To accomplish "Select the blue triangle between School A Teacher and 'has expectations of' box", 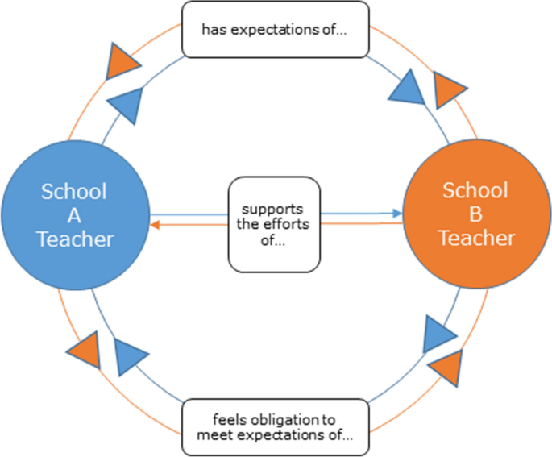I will click(125, 102).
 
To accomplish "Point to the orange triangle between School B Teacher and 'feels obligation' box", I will click(446, 366).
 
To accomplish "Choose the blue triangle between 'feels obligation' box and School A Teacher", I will click(130, 355).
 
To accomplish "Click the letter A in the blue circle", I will click(74, 215).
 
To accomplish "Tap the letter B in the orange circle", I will click(475, 214).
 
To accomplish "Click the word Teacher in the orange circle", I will click(475, 238).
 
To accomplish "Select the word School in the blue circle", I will click(74, 192).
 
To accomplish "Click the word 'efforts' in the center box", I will click(288, 224).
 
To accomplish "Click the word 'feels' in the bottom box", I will click(228, 421).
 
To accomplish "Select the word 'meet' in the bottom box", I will click(212, 435).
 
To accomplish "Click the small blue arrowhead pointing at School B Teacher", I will click(396, 214).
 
